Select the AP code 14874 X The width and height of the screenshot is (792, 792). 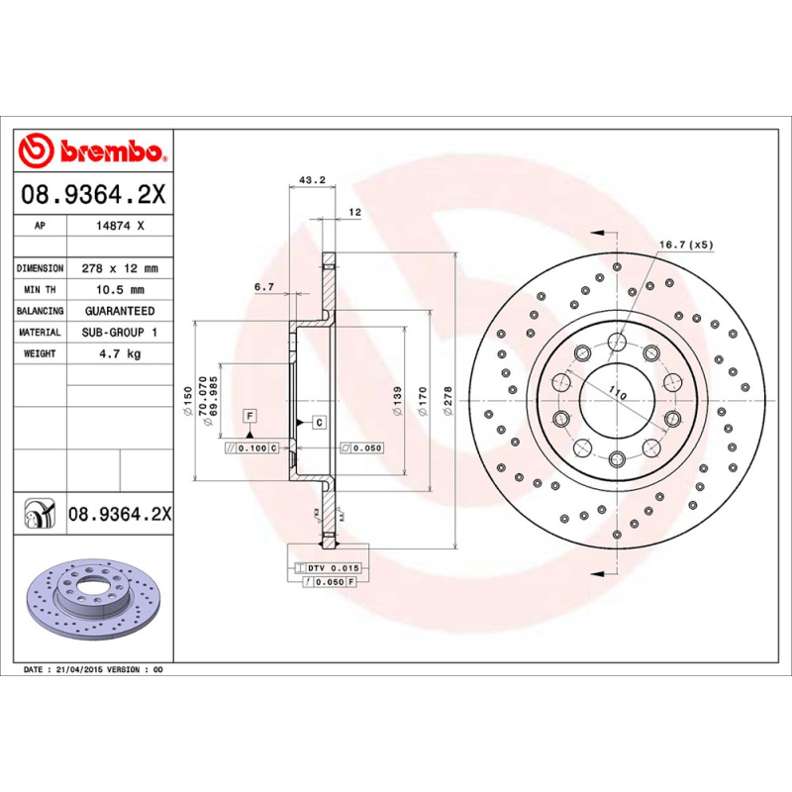(x=119, y=226)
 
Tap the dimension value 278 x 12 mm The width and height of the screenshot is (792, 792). (x=119, y=268)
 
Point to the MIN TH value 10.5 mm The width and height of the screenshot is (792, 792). (x=119, y=290)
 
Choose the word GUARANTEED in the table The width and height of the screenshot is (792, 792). (x=119, y=311)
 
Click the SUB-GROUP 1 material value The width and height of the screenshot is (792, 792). (x=119, y=333)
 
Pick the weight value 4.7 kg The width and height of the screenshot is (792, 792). (x=119, y=353)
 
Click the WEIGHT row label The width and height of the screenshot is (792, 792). (x=41, y=353)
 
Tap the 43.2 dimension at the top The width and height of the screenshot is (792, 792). (x=312, y=180)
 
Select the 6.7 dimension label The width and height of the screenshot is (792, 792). (x=263, y=287)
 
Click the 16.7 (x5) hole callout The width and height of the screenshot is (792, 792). (x=686, y=244)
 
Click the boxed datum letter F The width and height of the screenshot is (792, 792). (x=249, y=415)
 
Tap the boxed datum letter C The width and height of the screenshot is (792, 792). (x=320, y=423)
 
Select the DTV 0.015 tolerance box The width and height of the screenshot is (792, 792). (x=330, y=567)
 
